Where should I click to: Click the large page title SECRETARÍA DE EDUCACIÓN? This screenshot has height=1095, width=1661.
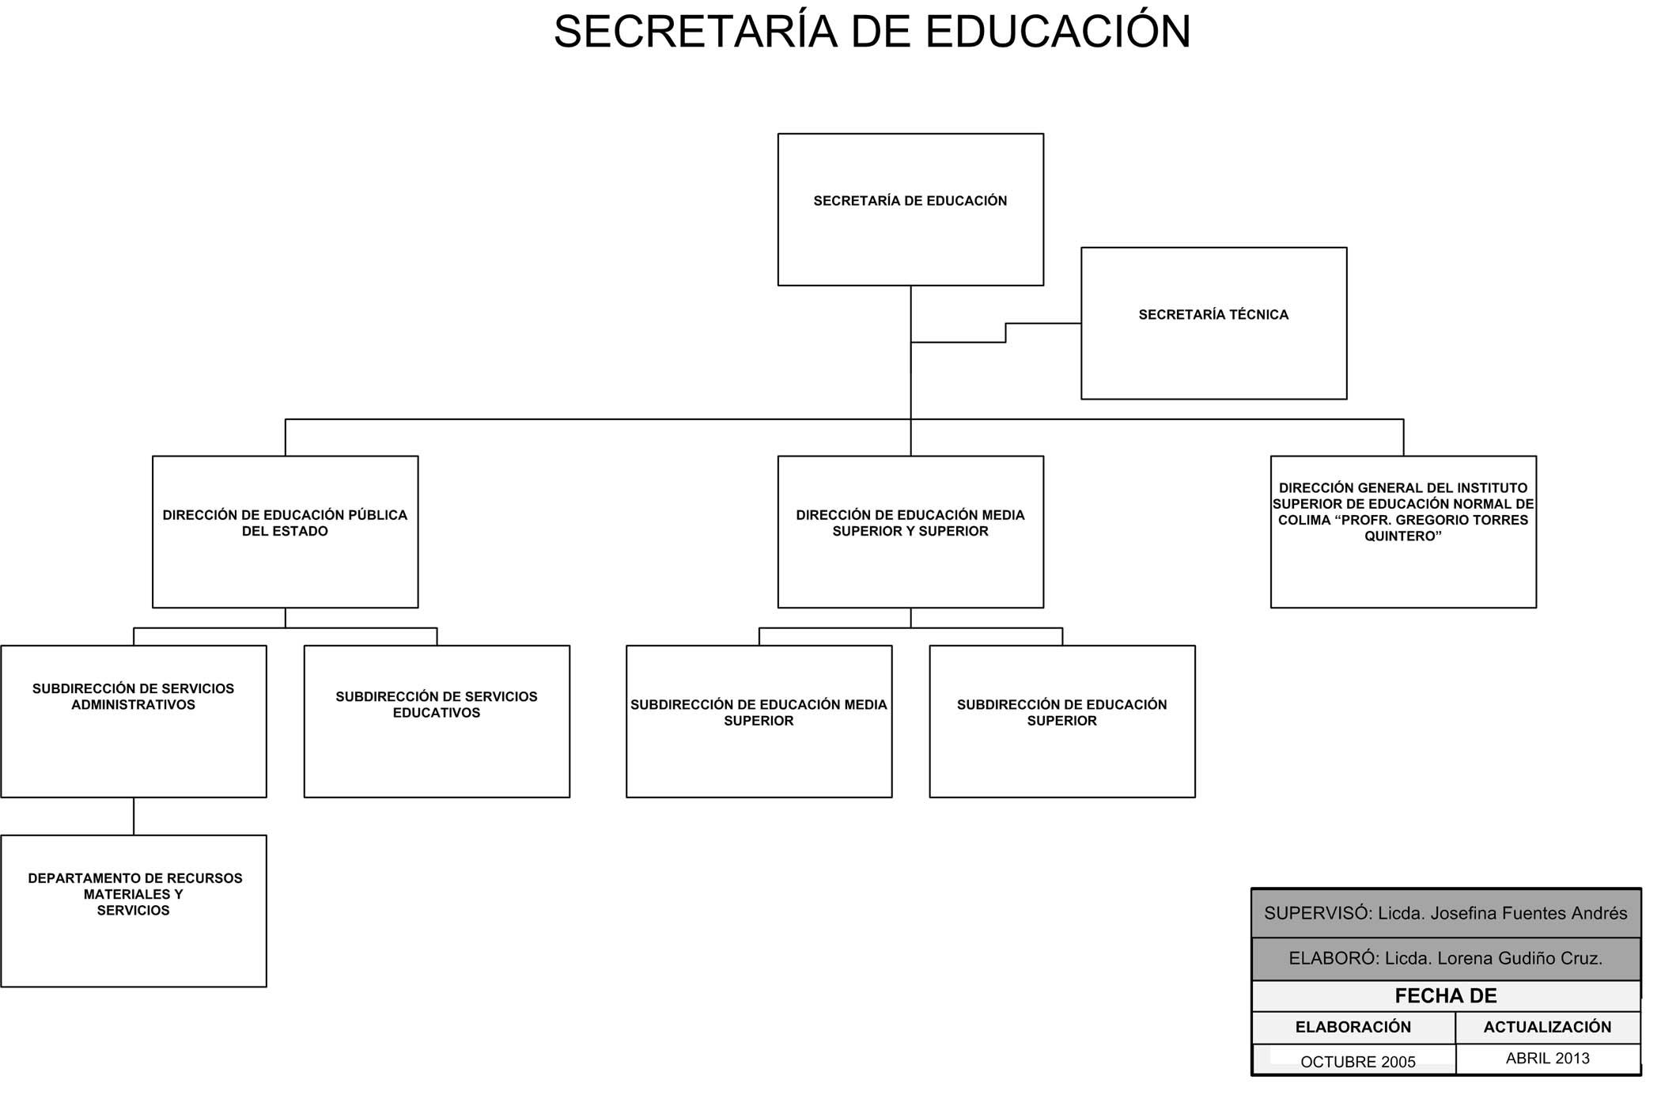click(x=872, y=32)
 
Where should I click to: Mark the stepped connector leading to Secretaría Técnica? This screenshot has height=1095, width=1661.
click(x=1005, y=332)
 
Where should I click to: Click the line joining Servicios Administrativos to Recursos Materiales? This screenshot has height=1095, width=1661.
click(x=134, y=816)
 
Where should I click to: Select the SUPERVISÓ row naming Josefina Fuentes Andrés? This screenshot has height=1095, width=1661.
click(x=1446, y=913)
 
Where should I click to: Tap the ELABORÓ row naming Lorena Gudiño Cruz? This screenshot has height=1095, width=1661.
click(x=1446, y=959)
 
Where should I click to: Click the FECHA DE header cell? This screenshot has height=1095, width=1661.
click(x=1446, y=996)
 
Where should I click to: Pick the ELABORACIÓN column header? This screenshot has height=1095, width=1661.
click(x=1353, y=1028)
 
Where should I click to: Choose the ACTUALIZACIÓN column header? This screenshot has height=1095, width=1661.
click(x=1548, y=1028)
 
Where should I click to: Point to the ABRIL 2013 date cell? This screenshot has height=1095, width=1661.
click(x=1548, y=1059)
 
